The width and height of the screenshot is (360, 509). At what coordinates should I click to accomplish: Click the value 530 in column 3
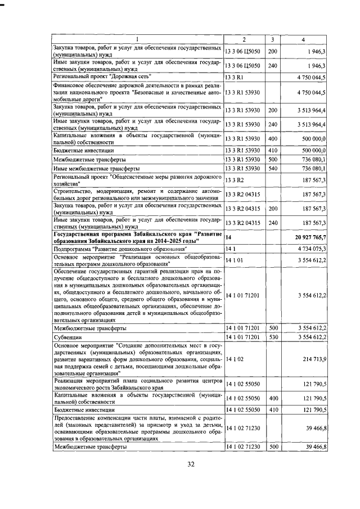pyautogui.click(x=272, y=337)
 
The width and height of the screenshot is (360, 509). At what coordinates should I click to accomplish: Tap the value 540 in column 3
pyautogui.click(x=272, y=169)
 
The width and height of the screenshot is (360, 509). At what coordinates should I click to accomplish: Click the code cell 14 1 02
pyautogui.click(x=236, y=358)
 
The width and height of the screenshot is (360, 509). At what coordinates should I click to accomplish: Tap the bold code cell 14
pyautogui.click(x=228, y=238)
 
